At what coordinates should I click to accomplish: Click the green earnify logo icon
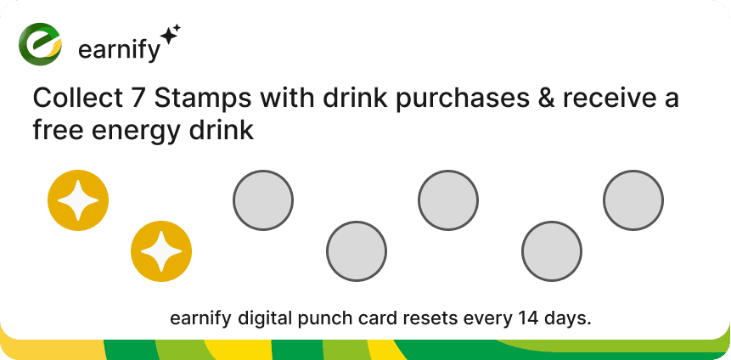41,45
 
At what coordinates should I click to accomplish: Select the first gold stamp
78,200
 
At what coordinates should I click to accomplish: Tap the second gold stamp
161,251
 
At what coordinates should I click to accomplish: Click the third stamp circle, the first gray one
263,200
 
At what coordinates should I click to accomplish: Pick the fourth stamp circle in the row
357,251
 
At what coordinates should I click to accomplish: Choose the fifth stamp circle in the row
448,200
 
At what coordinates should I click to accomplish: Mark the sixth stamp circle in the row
552,251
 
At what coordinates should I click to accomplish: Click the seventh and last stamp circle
633,200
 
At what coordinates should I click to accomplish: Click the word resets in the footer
426,319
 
